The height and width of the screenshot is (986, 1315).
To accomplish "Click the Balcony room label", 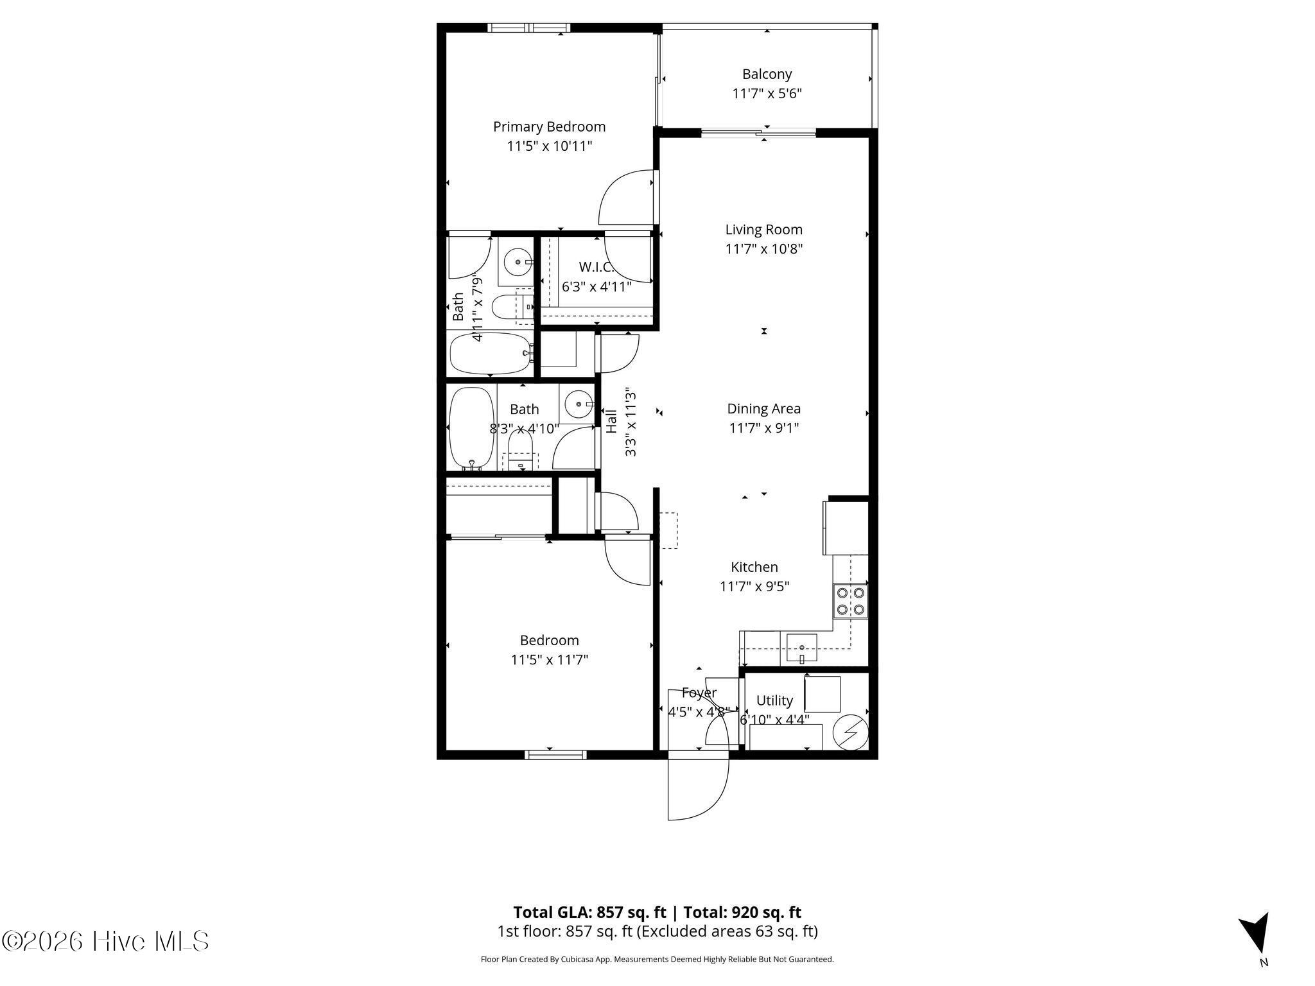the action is click(x=767, y=74).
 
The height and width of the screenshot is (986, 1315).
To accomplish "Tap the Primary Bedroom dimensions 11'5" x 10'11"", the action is click(x=549, y=146).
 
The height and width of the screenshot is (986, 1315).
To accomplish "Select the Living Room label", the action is click(x=763, y=229).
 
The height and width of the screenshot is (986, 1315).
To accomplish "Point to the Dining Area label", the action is click(x=763, y=408).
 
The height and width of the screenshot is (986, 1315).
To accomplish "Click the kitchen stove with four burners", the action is click(x=850, y=601).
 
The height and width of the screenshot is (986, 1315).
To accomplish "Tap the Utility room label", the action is click(x=774, y=700).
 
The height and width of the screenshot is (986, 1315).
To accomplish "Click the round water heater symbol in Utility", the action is click(x=851, y=731).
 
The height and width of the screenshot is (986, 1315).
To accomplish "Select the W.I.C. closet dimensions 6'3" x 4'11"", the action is click(x=597, y=286).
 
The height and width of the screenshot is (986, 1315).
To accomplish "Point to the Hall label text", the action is click(x=611, y=420).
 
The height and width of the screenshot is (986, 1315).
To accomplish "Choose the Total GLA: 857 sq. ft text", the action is click(x=589, y=912).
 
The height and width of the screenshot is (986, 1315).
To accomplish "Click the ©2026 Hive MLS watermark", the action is click(x=105, y=941).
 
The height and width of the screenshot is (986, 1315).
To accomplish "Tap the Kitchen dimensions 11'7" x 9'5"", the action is click(x=754, y=586).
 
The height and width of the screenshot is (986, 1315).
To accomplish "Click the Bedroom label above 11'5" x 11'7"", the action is click(x=549, y=640).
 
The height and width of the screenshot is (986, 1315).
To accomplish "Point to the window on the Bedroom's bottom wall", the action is click(x=555, y=755).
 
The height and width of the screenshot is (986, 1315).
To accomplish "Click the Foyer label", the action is click(x=699, y=693).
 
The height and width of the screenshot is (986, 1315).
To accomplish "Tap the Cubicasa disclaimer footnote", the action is click(x=657, y=959).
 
